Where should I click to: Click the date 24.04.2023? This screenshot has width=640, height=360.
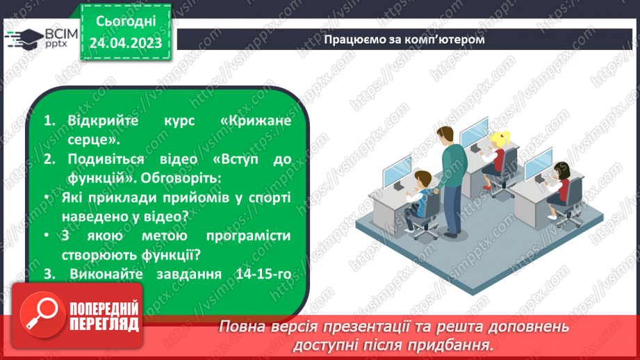(x=126, y=43)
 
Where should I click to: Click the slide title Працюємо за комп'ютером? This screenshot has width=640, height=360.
(x=404, y=39)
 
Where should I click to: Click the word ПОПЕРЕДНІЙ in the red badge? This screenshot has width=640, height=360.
(x=104, y=309)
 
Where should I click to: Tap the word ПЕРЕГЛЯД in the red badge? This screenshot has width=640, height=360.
(x=104, y=324)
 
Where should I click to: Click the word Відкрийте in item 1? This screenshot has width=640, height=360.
(x=102, y=120)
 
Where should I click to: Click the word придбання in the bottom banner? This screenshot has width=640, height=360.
(x=454, y=344)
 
